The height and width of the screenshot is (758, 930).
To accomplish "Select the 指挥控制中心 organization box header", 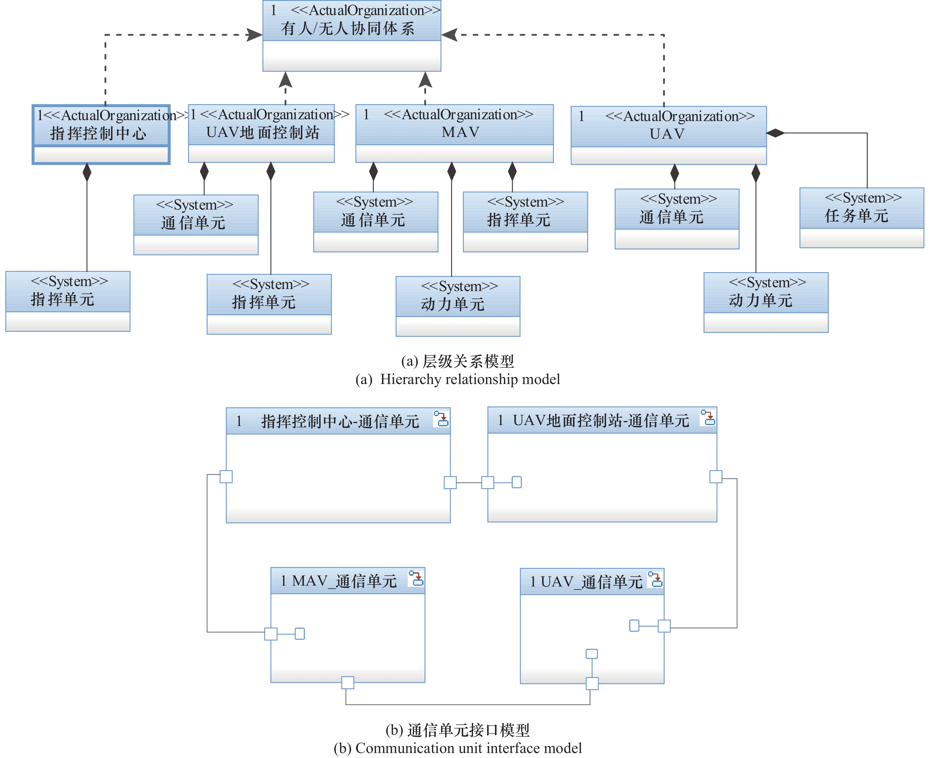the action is [x=101, y=126].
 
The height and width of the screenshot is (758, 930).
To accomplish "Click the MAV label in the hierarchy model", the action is [x=460, y=132].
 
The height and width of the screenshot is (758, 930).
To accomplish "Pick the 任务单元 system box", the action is [x=862, y=218].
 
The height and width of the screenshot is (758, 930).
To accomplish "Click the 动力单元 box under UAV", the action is [x=766, y=302].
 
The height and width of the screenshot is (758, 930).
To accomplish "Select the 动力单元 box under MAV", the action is [x=458, y=306].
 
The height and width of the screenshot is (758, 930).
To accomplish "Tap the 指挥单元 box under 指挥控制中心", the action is [x=68, y=301].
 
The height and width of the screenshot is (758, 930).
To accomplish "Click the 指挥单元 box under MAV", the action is [x=525, y=222].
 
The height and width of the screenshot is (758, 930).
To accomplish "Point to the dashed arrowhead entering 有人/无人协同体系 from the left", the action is [x=254, y=35].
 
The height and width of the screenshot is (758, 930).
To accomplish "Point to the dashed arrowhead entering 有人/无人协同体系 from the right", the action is [x=449, y=35].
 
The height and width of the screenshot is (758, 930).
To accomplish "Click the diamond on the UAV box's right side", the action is [x=775, y=133].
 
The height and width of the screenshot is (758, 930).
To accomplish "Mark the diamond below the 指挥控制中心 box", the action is [x=87, y=172].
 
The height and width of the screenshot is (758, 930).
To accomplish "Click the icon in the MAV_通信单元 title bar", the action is [x=416, y=578].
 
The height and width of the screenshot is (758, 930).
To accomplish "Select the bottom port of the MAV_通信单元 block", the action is [x=347, y=682].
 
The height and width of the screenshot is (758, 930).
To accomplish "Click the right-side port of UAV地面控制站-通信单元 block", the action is [x=716, y=476].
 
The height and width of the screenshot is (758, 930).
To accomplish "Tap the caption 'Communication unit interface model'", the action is [x=469, y=748].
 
